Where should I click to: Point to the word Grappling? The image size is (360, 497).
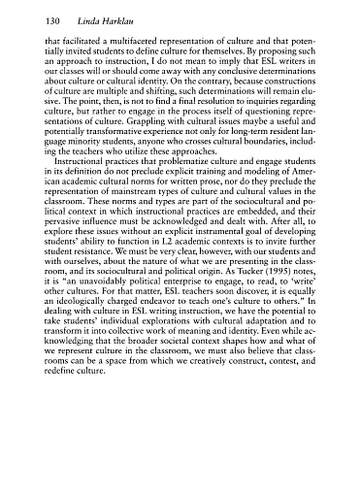(88, 136)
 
